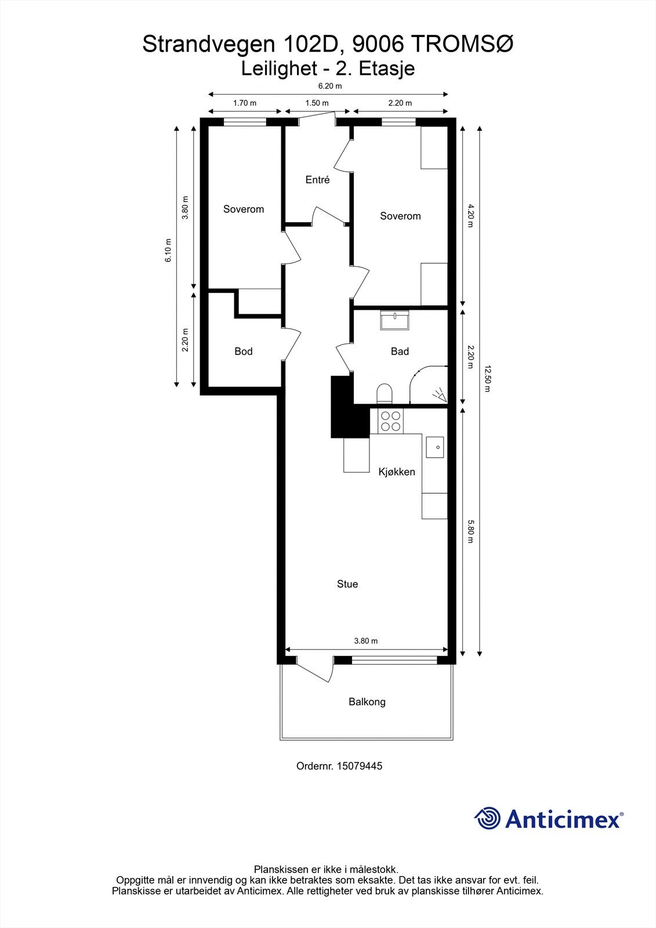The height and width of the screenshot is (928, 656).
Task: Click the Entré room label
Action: pyautogui.click(x=317, y=180)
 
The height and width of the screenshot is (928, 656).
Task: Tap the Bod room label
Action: pyautogui.click(x=244, y=351)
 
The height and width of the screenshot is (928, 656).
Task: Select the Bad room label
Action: pyautogui.click(x=400, y=351)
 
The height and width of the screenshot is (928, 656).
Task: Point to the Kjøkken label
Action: pyautogui.click(x=397, y=472)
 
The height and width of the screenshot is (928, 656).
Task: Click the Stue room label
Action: pyautogui.click(x=347, y=584)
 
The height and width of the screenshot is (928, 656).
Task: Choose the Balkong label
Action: pyautogui.click(x=367, y=702)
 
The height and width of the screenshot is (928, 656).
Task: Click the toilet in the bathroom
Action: pyautogui.click(x=385, y=394)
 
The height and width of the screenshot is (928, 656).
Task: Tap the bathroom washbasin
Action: pyautogui.click(x=394, y=320)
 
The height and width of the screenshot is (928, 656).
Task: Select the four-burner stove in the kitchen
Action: pyautogui.click(x=390, y=420)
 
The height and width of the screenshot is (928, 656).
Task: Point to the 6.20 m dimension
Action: pyautogui.click(x=329, y=86)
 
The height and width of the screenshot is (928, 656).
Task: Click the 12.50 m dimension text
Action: pyautogui.click(x=487, y=379)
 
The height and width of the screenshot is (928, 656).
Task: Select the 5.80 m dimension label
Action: pyautogui.click(x=470, y=531)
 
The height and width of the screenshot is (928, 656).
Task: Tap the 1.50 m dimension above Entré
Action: pyautogui.click(x=317, y=103)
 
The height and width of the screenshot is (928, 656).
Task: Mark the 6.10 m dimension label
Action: pyautogui.click(x=168, y=251)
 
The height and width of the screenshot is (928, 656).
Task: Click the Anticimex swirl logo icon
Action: pyautogui.click(x=488, y=818)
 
